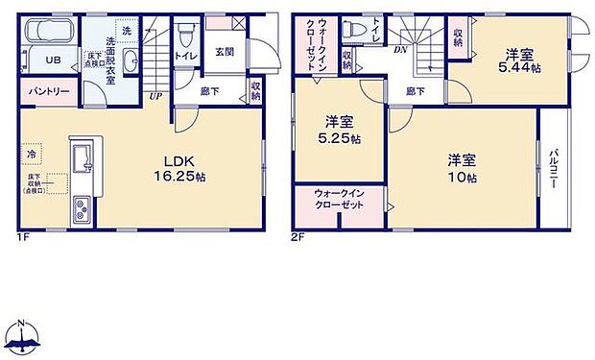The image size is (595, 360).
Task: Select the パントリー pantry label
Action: pyautogui.click(x=46, y=93)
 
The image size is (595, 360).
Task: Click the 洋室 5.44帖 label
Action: pyautogui.click(x=520, y=60)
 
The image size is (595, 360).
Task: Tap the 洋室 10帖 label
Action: pyautogui.click(x=464, y=169)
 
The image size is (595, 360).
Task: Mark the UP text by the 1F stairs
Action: pyautogui.click(x=155, y=96)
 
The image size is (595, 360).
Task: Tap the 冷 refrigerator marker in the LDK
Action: pyautogui.click(x=32, y=153)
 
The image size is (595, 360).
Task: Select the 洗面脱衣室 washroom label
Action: pyautogui.click(x=124, y=56)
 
